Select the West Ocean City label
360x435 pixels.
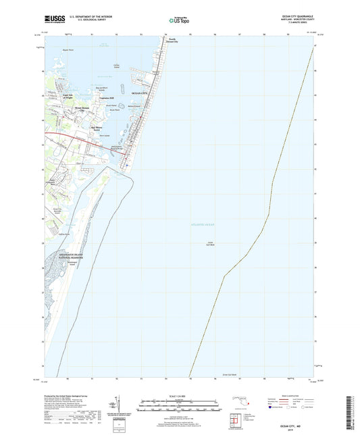(81, 108)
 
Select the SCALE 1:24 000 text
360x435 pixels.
(179, 396)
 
